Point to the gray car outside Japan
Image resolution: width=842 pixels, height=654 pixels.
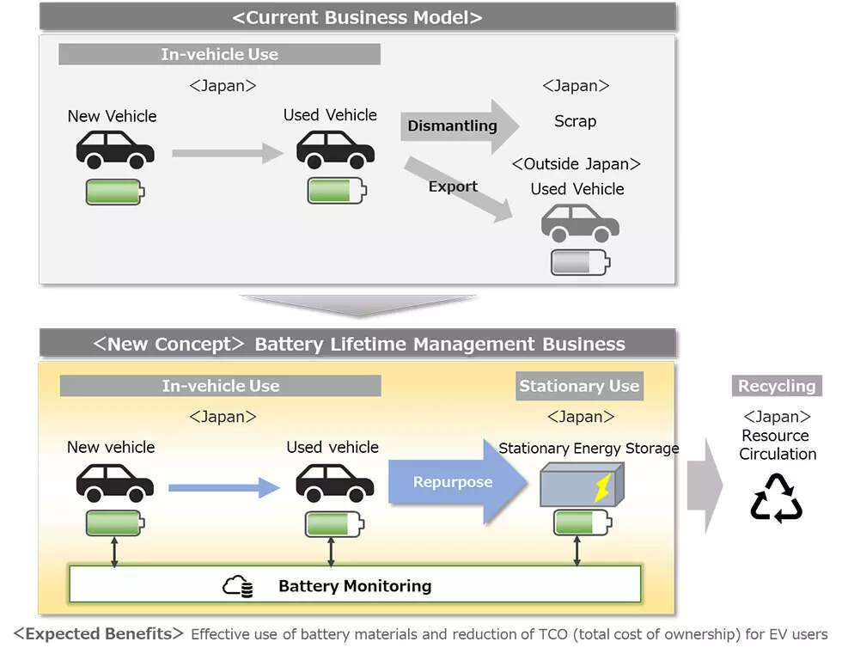click(x=580, y=223)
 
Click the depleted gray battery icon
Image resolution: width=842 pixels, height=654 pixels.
click(x=580, y=262)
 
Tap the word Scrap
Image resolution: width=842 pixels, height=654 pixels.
click(x=575, y=121)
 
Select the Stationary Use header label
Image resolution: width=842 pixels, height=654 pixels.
click(x=579, y=386)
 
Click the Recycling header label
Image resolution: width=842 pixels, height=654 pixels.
click(x=777, y=386)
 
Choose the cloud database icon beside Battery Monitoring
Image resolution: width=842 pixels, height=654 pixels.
click(x=238, y=587)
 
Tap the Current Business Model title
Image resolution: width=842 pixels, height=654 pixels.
click(x=357, y=17)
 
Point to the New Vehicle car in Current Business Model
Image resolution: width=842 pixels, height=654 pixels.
click(x=115, y=149)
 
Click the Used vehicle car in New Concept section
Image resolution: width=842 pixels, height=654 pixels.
click(x=334, y=483)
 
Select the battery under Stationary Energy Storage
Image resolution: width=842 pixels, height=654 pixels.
click(x=582, y=523)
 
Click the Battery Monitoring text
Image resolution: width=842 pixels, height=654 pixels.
click(x=355, y=586)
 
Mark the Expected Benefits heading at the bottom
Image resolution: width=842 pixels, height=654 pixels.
click(x=98, y=634)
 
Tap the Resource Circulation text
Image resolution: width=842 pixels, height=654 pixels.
click(x=777, y=444)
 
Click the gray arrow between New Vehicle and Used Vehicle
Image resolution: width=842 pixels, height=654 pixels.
click(x=227, y=153)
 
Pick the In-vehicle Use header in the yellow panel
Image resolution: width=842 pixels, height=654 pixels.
click(x=221, y=386)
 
